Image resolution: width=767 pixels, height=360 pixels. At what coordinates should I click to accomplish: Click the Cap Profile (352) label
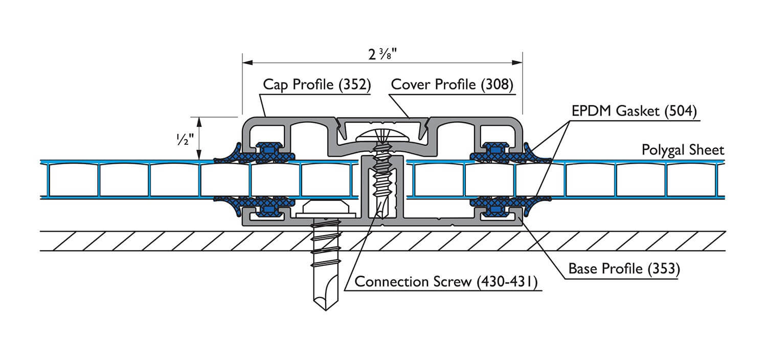pos(316,84)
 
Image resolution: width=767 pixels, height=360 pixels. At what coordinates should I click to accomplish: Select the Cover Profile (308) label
pos(452,84)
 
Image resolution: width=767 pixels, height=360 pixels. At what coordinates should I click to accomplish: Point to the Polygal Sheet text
pos(683,150)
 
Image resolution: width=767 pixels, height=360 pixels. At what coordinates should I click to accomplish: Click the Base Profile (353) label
pos(624,269)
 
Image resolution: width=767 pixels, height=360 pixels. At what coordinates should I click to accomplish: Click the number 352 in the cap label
pos(354,84)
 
